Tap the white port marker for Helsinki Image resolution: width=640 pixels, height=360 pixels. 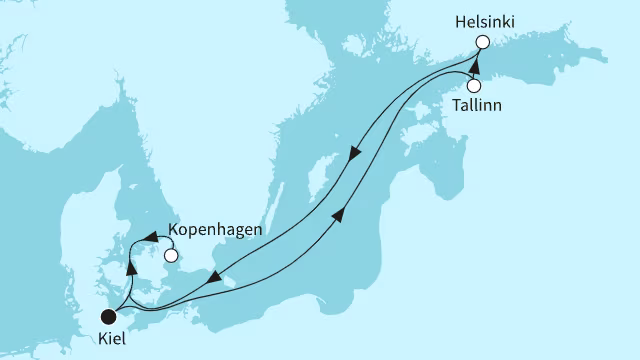(483, 42)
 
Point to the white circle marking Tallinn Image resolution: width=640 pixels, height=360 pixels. (474, 85)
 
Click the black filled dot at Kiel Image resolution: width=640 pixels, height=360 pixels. (107, 318)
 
